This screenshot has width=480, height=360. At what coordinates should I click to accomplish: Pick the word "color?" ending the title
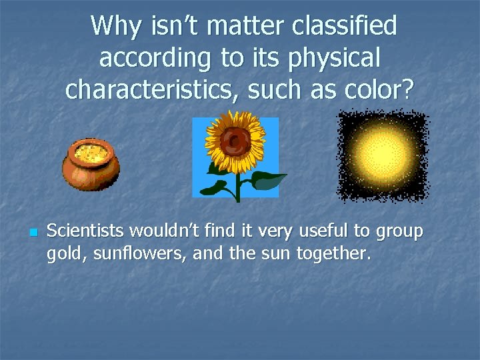point(377,89)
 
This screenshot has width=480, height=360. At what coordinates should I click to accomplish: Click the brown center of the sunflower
point(235,141)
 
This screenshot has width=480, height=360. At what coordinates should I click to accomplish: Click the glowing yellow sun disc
point(382,155)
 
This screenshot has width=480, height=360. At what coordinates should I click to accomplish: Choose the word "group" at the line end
point(399,233)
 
